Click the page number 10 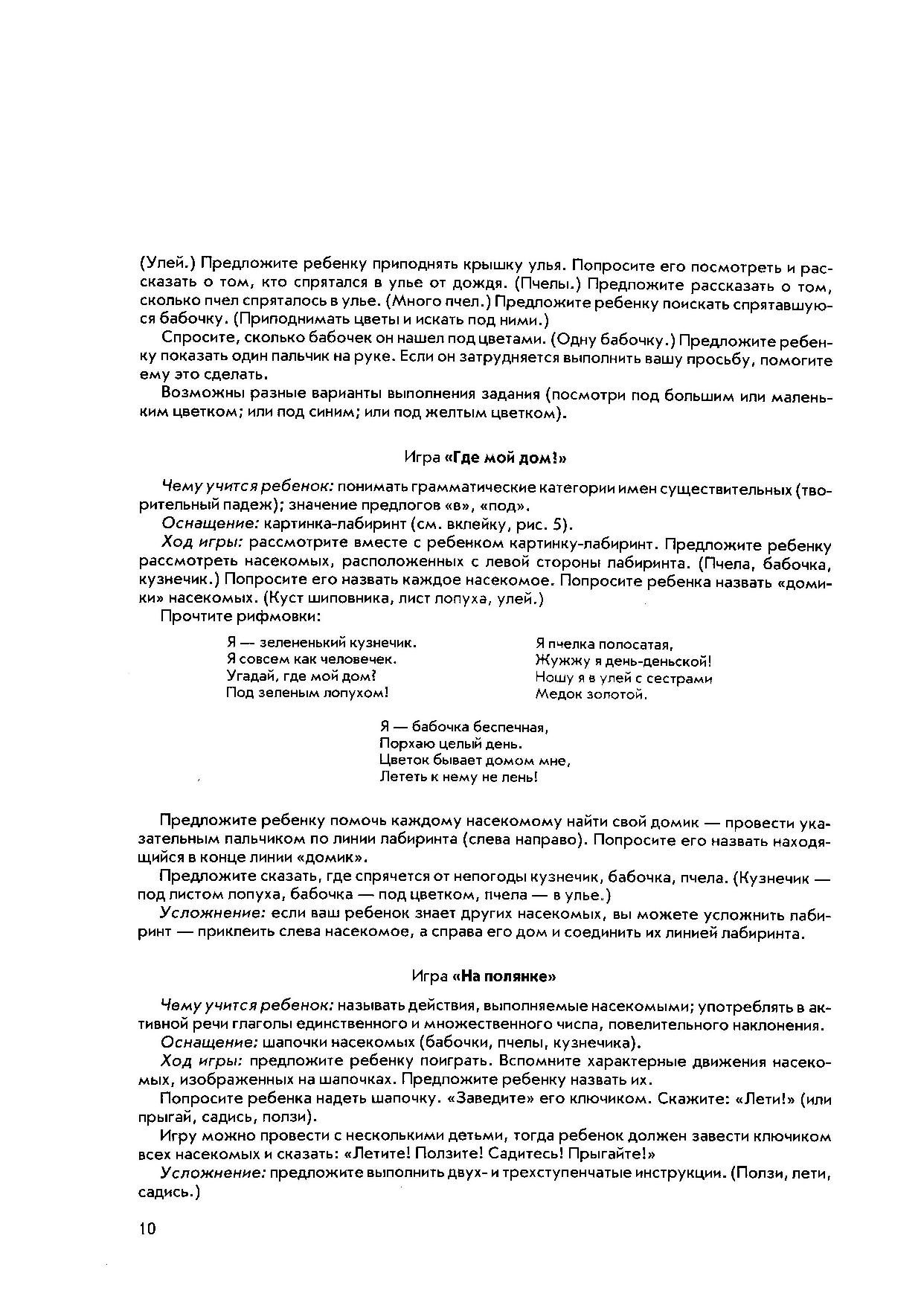[147, 1228]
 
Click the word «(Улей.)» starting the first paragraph [168, 263]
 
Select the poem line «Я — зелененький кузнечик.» [321, 642]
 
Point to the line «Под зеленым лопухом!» [307, 693]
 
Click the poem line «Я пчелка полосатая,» [603, 644]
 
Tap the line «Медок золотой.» [591, 695]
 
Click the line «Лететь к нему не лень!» [458, 777]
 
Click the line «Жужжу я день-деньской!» [623, 661]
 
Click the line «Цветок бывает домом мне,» [475, 760]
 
